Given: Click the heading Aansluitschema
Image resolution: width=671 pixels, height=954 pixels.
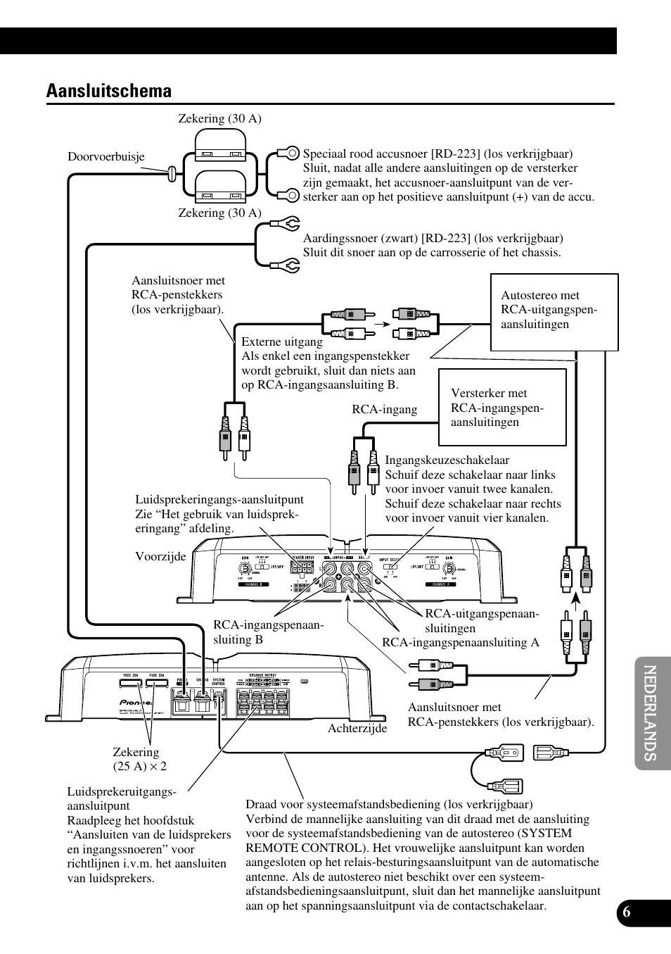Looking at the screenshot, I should (x=108, y=91).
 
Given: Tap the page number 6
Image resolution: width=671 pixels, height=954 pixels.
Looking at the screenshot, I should (x=626, y=911).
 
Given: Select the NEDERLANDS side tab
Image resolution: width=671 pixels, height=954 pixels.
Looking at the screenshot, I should (x=651, y=713).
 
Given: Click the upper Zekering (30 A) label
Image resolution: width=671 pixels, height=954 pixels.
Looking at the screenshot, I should (x=219, y=118).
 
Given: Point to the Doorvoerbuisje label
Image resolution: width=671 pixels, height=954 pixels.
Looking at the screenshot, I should (x=106, y=156).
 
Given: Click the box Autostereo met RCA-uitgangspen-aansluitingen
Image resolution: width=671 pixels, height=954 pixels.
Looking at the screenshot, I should (x=554, y=311).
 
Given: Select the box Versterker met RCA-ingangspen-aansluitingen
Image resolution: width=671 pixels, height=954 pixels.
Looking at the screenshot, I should (x=502, y=408).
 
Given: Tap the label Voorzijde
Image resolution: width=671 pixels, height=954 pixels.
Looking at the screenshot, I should (x=160, y=556).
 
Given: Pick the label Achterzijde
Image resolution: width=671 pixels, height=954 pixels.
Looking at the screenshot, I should (x=357, y=728).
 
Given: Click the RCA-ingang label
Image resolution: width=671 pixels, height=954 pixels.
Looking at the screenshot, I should (x=384, y=409).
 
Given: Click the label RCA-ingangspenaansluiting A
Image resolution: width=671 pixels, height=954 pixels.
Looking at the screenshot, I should (x=460, y=642).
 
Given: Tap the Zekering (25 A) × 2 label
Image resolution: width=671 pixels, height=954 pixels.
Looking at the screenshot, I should (x=139, y=759).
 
